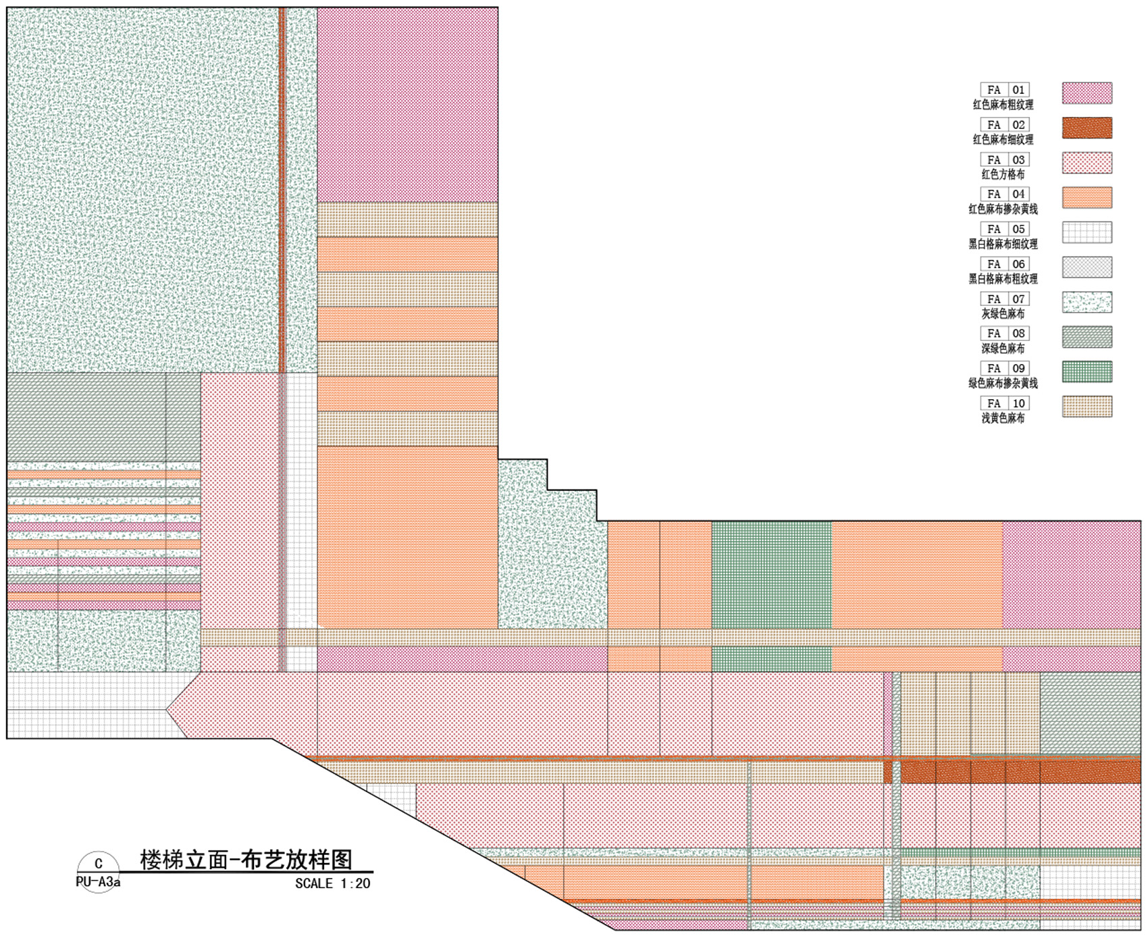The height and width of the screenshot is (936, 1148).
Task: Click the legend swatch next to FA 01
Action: point(1087,93)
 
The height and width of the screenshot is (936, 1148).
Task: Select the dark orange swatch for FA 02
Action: point(1087,128)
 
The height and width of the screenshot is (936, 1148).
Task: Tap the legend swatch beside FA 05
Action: point(1087,232)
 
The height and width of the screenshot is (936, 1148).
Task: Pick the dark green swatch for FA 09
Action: point(1087,371)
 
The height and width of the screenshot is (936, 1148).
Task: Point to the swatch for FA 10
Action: point(1087,407)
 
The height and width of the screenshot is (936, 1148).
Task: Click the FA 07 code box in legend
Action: point(1005,299)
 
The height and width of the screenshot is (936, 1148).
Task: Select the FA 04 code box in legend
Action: point(1005,194)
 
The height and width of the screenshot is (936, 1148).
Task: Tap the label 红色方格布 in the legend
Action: point(1003,174)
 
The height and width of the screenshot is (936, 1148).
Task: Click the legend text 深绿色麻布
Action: point(1003,348)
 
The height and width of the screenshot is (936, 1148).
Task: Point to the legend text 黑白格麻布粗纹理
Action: point(1003,279)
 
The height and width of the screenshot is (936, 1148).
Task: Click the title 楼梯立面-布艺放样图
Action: point(246,860)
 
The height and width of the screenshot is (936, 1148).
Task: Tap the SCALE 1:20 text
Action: point(332,883)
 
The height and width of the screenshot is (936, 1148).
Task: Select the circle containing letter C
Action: point(99,872)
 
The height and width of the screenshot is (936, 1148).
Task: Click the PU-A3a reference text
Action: point(98,882)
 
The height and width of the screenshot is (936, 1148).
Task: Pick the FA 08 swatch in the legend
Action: point(1087,337)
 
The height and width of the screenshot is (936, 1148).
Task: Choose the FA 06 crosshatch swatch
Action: point(1087,267)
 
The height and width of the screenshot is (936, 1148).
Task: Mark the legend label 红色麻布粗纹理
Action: point(1003,105)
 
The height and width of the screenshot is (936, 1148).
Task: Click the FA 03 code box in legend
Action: point(1005,160)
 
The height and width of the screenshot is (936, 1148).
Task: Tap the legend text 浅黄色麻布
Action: point(1003,418)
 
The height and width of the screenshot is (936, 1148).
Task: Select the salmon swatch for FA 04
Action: point(1087,198)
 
